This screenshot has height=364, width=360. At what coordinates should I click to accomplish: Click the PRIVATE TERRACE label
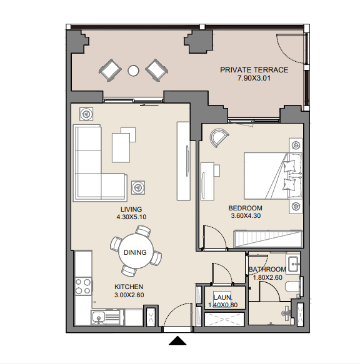(254, 70)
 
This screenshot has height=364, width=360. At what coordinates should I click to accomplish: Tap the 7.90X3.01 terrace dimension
(254, 78)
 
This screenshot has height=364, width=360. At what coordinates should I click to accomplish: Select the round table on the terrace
(133, 71)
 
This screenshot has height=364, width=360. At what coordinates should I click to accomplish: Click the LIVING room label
(131, 209)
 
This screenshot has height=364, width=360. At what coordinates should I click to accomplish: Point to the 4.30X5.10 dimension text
(131, 217)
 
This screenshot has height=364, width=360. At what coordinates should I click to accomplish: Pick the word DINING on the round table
(135, 252)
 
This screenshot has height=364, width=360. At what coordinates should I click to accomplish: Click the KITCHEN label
(129, 287)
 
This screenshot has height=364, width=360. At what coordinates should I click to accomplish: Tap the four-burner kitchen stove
(83, 287)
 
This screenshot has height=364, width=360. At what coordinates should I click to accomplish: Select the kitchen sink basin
(99, 317)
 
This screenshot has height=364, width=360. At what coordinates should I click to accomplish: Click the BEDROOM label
(246, 208)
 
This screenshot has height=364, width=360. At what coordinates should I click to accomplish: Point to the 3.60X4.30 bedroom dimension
(246, 215)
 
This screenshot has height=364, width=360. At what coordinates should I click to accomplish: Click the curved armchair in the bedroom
(219, 137)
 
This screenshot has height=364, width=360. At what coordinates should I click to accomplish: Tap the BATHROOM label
(267, 269)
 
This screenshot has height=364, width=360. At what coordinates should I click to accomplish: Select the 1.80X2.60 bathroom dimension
(267, 277)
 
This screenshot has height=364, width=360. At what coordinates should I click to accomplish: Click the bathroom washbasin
(293, 263)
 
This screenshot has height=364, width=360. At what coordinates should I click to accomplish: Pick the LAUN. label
(222, 297)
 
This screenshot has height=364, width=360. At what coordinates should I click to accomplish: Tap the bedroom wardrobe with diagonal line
(268, 239)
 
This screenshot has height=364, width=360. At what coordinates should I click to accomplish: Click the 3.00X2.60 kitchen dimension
(129, 295)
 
